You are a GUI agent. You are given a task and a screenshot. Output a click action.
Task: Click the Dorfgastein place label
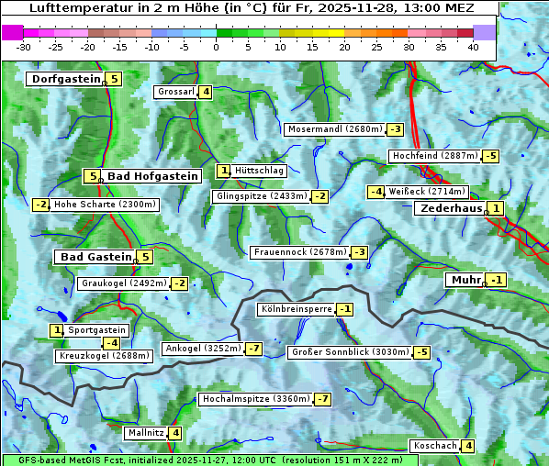tap(66, 79)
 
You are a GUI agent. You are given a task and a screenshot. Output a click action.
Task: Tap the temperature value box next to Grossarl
tap(207, 92)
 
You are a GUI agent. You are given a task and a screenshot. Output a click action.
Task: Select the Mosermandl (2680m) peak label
tap(335, 129)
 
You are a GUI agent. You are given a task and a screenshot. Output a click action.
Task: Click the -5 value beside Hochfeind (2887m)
tap(491, 156)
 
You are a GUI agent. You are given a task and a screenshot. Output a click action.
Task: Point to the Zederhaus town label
tap(451, 208)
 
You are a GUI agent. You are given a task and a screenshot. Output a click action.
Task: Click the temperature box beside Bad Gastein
tap(145, 257)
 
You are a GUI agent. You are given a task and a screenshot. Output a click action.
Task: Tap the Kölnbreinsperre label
tap(296, 309)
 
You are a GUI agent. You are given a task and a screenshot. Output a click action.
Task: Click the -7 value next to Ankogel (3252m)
tap(253, 349)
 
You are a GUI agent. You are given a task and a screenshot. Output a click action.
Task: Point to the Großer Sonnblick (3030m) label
tap(350, 352)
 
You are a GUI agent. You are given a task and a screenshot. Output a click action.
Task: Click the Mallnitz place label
tap(146, 433)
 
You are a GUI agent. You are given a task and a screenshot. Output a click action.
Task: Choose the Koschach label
tap(435, 446)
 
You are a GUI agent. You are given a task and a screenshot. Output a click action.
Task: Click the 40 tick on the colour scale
tap(473, 47)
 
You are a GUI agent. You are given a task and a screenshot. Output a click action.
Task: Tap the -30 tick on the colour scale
tap(24, 47)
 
